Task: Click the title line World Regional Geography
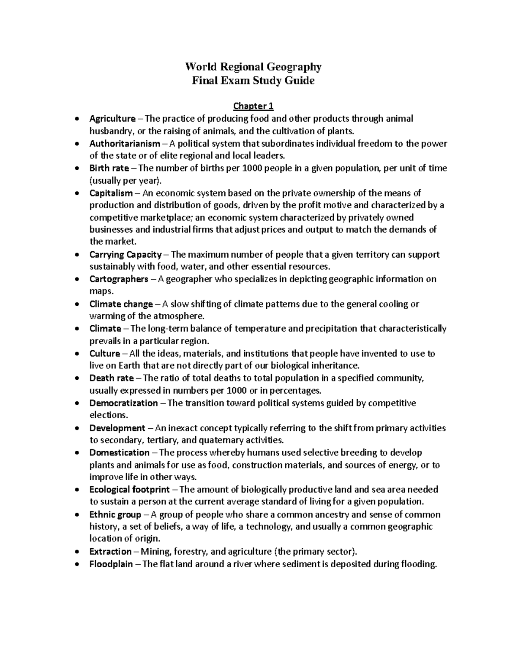[253, 67]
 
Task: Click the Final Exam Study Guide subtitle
[253, 81]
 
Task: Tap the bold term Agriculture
[112, 119]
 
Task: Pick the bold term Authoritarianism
[125, 144]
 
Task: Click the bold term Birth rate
[109, 168]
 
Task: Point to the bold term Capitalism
[111, 193]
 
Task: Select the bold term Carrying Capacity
[125, 255]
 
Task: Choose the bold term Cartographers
[119, 279]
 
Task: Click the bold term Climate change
[121, 304]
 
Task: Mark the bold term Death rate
[112, 378]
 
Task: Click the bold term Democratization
[123, 403]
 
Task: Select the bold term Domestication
[119, 452]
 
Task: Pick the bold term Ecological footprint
[129, 490]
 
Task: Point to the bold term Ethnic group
[115, 514]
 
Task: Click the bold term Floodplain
[111, 564]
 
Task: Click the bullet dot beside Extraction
[76, 552]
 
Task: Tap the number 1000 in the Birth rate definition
[251, 168]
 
